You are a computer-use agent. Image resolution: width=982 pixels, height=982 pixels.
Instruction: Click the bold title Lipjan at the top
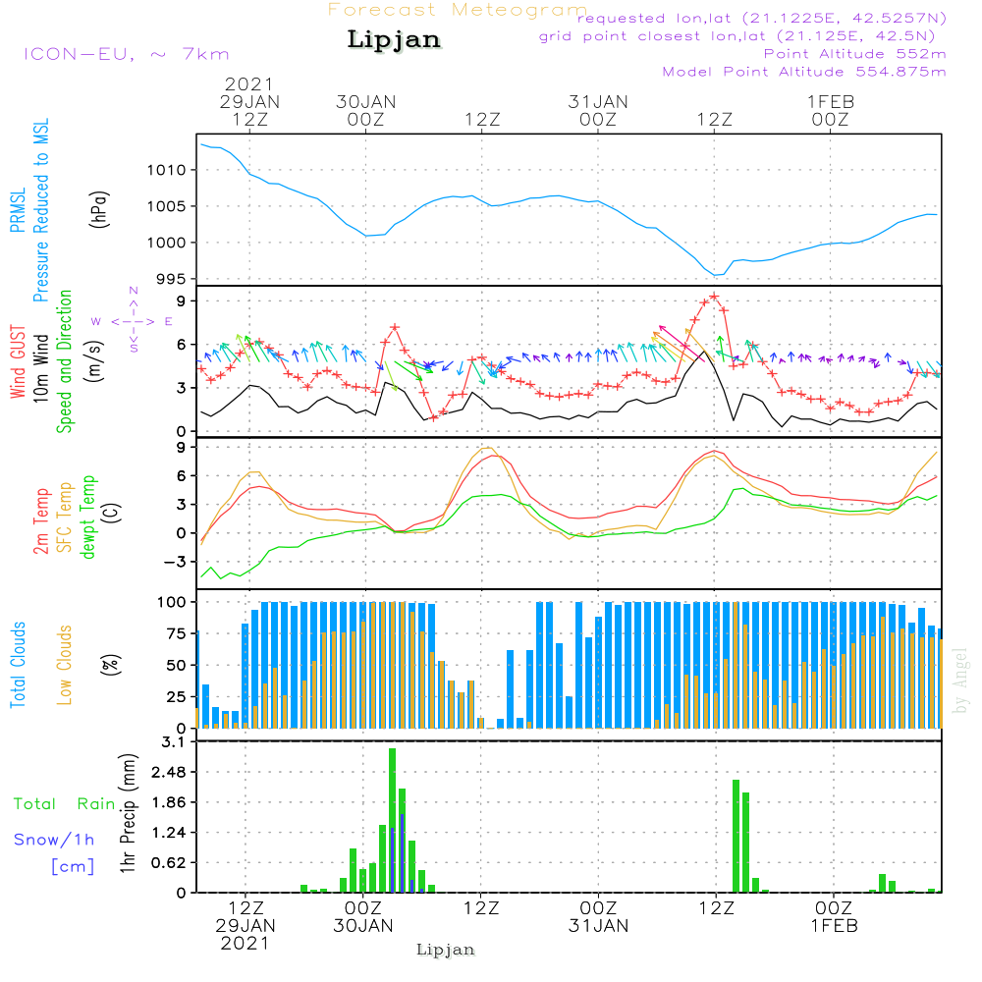[x=394, y=39]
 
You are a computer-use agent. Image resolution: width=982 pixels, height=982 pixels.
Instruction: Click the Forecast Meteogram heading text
[x=458, y=10]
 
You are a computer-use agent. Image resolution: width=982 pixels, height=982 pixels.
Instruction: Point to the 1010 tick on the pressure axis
[x=166, y=170]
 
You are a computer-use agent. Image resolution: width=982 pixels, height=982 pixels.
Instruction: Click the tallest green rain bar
[x=392, y=820]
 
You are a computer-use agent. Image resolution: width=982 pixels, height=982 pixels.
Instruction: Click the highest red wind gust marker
[x=714, y=297]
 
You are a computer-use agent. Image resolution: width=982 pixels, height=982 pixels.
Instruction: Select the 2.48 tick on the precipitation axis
[x=169, y=772]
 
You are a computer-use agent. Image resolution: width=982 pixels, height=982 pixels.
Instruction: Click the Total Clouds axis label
[x=18, y=665]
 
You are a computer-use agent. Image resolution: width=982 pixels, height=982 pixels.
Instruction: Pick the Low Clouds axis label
[x=65, y=665]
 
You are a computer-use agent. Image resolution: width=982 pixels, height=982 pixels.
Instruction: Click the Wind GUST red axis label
[x=18, y=361]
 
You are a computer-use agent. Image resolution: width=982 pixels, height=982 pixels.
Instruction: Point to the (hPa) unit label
[x=99, y=210]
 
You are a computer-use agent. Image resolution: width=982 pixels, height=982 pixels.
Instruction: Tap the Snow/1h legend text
[x=54, y=840]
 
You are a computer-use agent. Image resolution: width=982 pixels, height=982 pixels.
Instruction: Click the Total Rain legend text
[x=65, y=804]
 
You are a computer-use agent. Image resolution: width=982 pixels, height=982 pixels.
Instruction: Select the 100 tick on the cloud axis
[x=171, y=603]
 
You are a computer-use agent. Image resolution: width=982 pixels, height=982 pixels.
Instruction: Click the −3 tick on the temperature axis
[x=174, y=563]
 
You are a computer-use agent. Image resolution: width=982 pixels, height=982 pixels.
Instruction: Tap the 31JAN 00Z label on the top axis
[x=598, y=111]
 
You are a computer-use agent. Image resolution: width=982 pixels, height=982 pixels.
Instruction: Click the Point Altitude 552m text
[x=855, y=54]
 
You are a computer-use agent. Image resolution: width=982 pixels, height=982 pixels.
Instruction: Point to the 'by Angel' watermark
[x=960, y=681]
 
